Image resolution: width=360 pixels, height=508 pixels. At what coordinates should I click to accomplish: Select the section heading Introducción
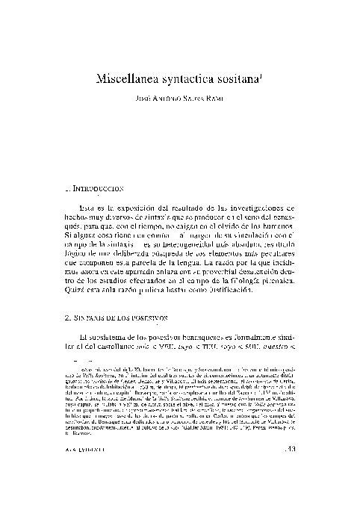click(x=96, y=190)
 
